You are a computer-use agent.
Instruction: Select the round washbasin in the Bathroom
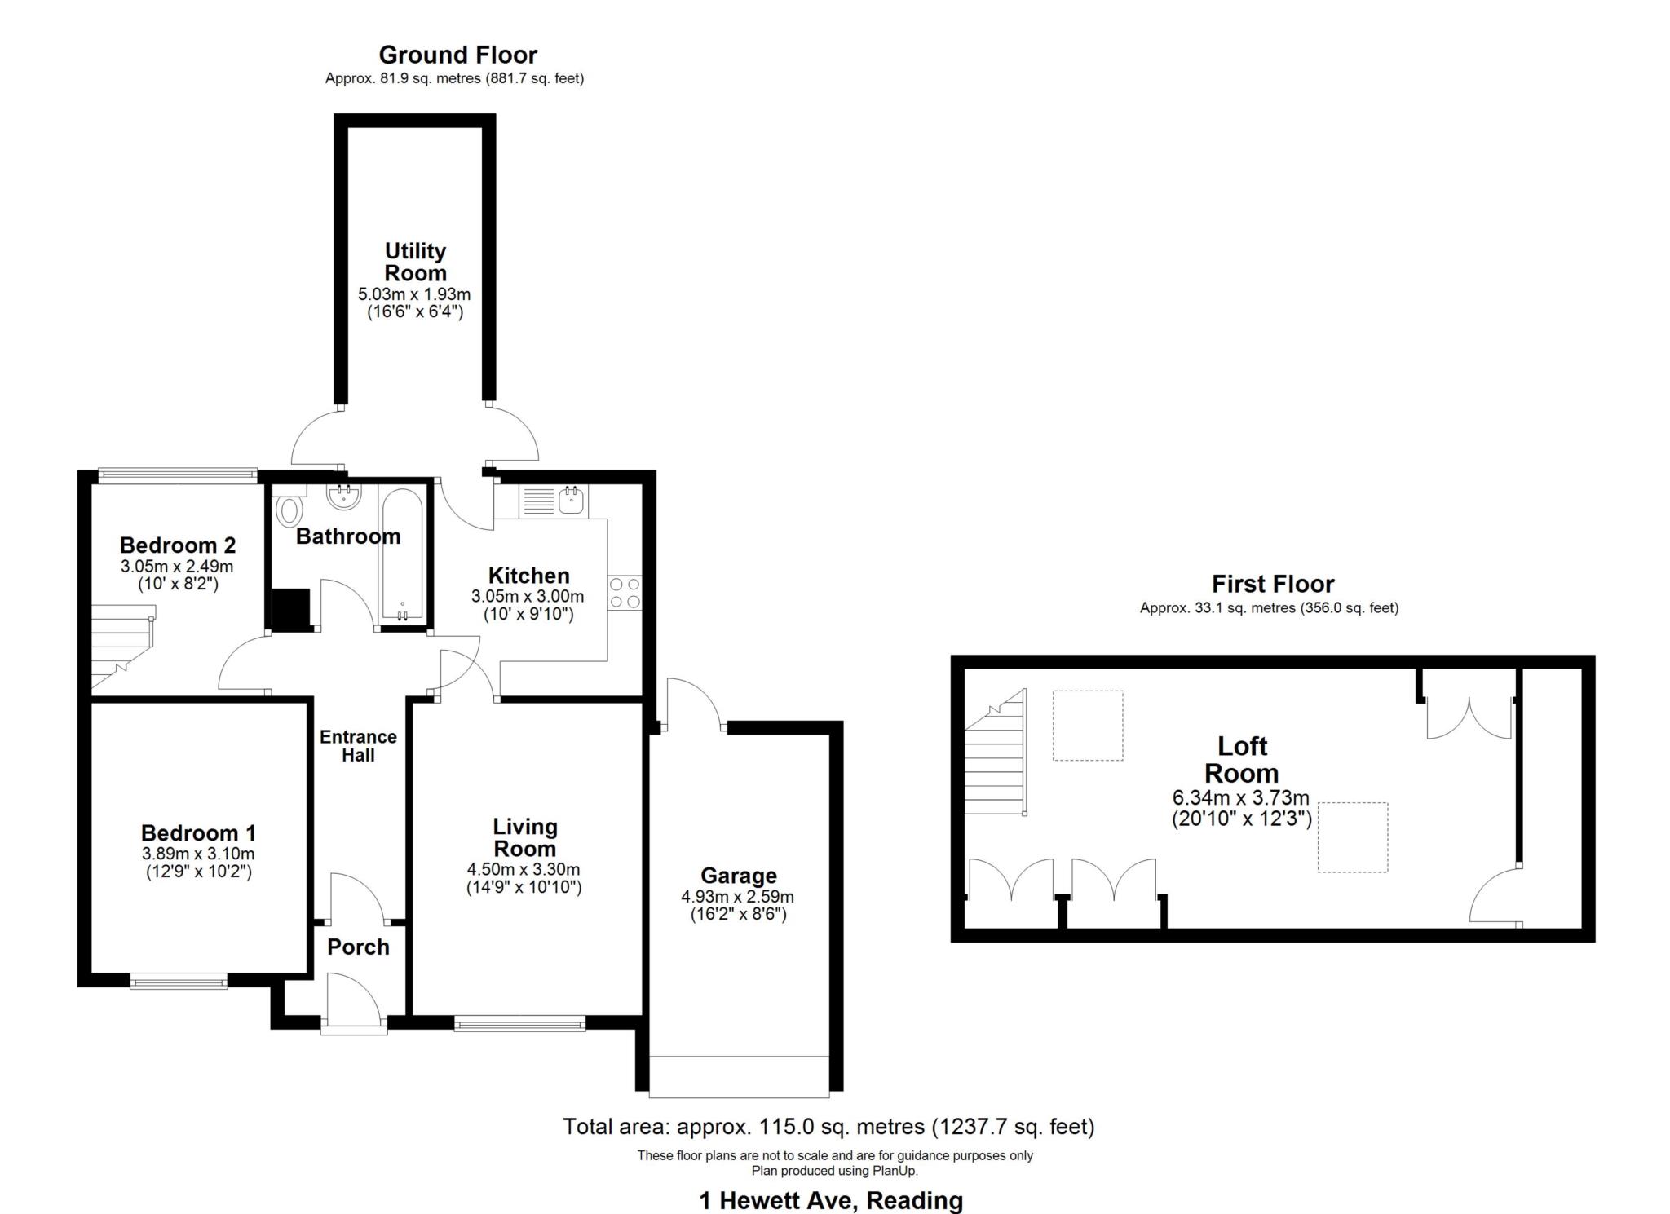tap(343, 496)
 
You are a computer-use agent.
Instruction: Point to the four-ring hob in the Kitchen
tap(624, 593)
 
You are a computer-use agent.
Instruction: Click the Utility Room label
tap(415, 262)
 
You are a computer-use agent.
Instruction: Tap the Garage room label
tap(739, 876)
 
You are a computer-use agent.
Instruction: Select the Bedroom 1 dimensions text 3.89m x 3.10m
tap(198, 854)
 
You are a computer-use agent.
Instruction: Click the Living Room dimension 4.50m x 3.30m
tap(524, 869)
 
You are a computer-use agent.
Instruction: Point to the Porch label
tap(358, 947)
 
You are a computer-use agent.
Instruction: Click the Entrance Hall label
tap(358, 746)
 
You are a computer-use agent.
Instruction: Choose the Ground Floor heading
tap(457, 55)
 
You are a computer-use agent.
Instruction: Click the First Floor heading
tap(1272, 584)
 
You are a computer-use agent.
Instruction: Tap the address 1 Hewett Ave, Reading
tap(831, 1200)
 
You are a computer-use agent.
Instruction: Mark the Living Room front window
tap(519, 1023)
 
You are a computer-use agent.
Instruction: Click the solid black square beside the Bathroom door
tap(290, 609)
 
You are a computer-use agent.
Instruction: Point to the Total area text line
tap(828, 1127)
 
